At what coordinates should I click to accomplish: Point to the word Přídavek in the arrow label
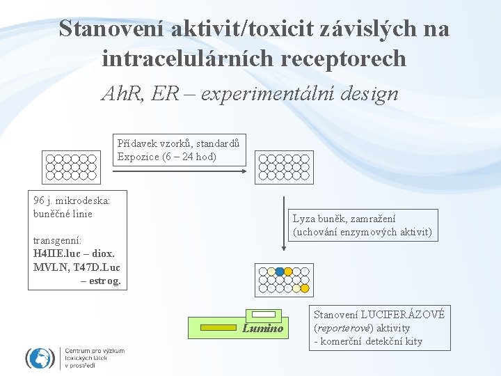click(x=137, y=143)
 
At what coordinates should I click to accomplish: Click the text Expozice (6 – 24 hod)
click(x=167, y=157)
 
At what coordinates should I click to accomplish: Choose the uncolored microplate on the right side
click(x=284, y=167)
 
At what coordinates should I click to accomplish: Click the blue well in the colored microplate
click(x=279, y=272)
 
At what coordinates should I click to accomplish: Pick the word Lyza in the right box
click(x=305, y=219)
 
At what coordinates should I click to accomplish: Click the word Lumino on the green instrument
click(x=263, y=329)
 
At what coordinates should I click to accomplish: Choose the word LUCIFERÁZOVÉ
click(x=408, y=315)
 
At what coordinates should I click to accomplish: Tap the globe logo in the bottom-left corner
click(x=40, y=358)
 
